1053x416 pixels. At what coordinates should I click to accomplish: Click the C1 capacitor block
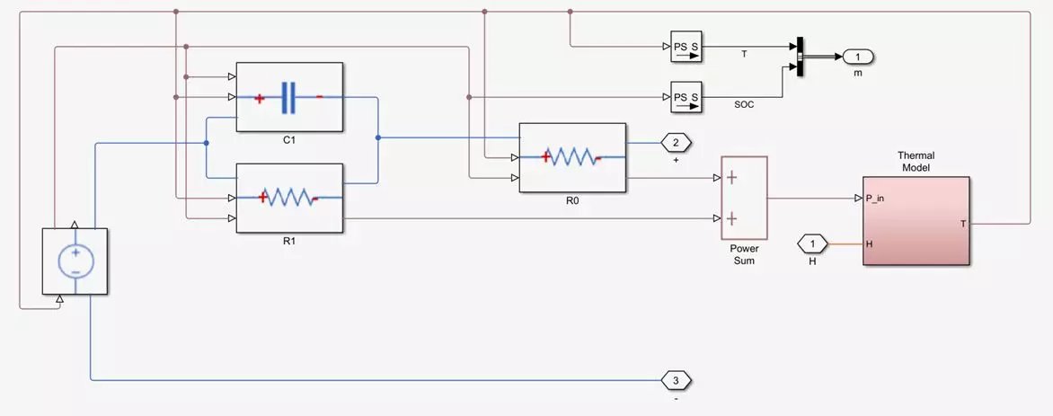point(289,97)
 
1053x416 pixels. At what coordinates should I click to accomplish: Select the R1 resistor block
point(289,198)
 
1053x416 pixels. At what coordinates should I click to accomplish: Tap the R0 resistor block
point(572,157)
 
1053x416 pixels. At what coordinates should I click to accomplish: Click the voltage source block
point(75,261)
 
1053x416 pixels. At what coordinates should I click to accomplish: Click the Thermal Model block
point(916,220)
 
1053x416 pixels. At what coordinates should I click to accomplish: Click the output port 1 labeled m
point(857,58)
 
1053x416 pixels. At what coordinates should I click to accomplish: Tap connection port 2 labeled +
point(676,142)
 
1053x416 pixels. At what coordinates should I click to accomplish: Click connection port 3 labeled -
point(676,381)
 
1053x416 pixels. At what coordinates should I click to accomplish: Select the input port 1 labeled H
point(812,243)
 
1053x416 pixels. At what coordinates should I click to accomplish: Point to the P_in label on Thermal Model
point(875,199)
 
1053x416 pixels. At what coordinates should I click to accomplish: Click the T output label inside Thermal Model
point(963,223)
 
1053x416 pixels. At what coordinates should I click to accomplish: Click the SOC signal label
point(744,105)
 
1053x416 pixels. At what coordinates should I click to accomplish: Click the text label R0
point(572,200)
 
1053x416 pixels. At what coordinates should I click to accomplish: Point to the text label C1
point(289,141)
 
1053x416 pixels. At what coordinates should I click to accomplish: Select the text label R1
point(289,241)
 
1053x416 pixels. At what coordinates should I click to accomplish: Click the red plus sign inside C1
point(259,98)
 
